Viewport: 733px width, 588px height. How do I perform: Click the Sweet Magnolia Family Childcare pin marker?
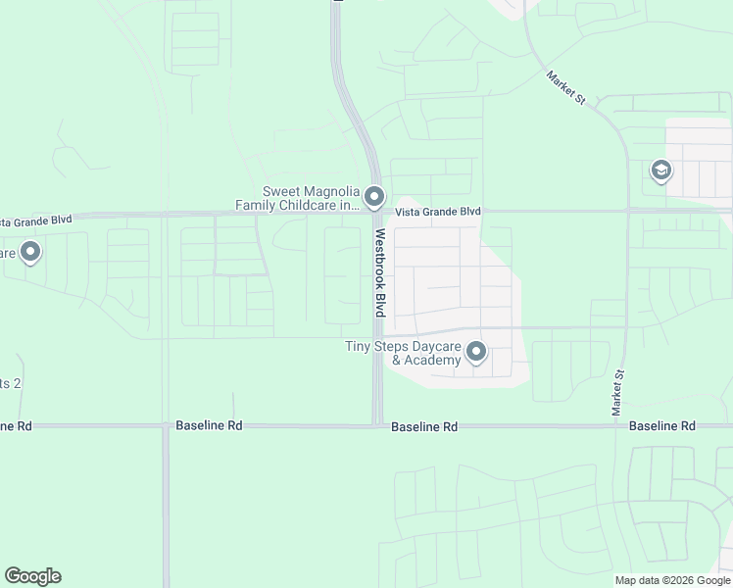[374, 199]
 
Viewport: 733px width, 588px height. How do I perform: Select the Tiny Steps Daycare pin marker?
[477, 351]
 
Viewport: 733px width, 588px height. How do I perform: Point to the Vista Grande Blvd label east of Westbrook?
[438, 212]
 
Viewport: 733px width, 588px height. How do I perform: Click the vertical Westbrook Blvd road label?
[378, 272]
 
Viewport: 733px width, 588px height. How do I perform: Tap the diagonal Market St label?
[565, 87]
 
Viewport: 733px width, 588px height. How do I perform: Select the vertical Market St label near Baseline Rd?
[618, 393]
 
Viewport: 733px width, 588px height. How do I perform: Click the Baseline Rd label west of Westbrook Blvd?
[209, 426]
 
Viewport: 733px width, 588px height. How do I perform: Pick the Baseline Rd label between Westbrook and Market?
[423, 427]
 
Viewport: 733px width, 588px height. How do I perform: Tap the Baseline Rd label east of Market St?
[661, 426]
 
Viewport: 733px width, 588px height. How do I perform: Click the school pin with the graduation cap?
[660, 172]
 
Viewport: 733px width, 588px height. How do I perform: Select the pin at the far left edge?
[30, 253]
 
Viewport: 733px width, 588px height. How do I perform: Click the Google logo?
[33, 576]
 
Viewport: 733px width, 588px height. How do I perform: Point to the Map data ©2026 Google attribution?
[673, 580]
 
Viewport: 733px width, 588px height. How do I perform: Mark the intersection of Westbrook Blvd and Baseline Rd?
[377, 425]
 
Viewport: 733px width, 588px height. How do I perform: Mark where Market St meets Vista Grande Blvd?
[628, 210]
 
